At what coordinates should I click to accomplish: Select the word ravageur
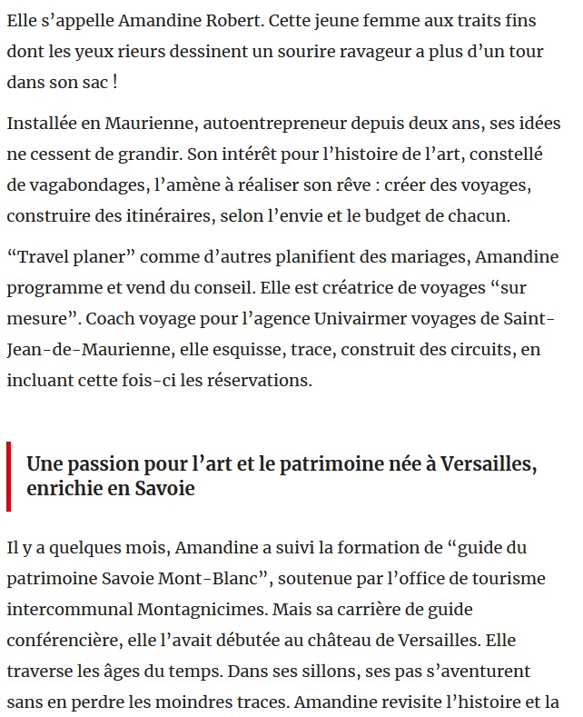tap(371, 52)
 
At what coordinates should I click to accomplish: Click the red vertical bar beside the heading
tap(8, 476)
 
